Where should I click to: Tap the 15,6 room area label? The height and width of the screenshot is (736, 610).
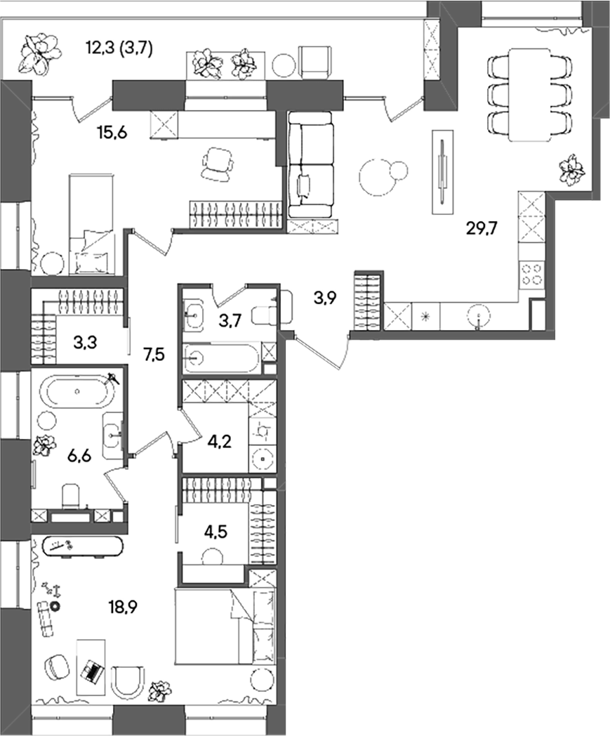pos(112,133)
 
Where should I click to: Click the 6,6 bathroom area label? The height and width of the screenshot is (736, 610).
pos(78,456)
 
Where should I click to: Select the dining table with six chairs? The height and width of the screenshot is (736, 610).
pos(530,93)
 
